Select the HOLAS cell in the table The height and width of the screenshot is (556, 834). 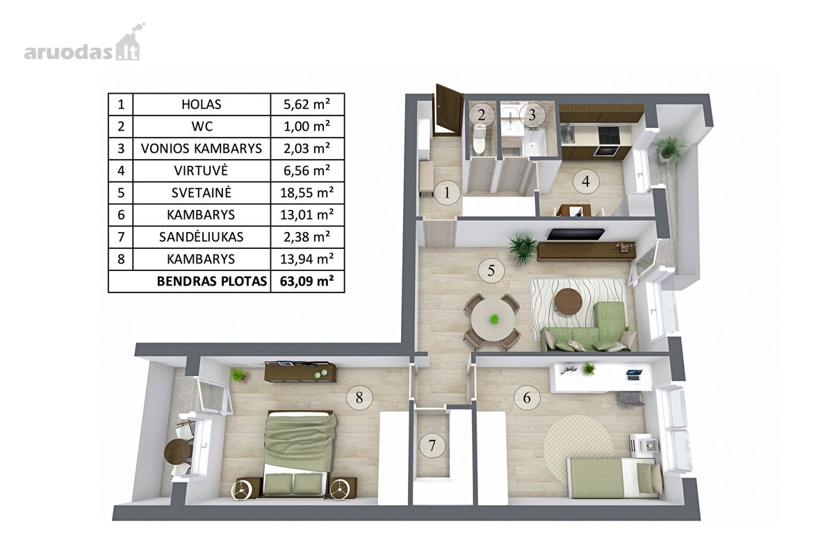(x=202, y=104)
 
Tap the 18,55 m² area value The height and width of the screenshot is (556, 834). (x=306, y=193)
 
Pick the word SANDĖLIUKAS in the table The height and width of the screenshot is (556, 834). (x=202, y=237)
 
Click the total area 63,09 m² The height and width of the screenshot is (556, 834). (x=306, y=281)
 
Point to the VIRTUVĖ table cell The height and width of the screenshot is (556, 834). (x=202, y=170)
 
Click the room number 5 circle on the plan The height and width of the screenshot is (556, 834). (x=491, y=271)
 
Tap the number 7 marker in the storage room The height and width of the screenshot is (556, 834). (x=432, y=445)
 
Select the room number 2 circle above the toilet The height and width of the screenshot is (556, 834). (x=482, y=115)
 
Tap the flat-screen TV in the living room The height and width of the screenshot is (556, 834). (x=576, y=234)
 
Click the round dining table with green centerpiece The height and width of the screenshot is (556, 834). (x=493, y=320)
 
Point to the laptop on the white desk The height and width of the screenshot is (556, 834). (x=634, y=375)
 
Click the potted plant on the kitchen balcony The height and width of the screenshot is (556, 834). (x=671, y=148)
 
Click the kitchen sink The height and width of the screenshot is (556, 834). (x=569, y=134)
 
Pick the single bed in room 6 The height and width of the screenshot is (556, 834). (x=614, y=477)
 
